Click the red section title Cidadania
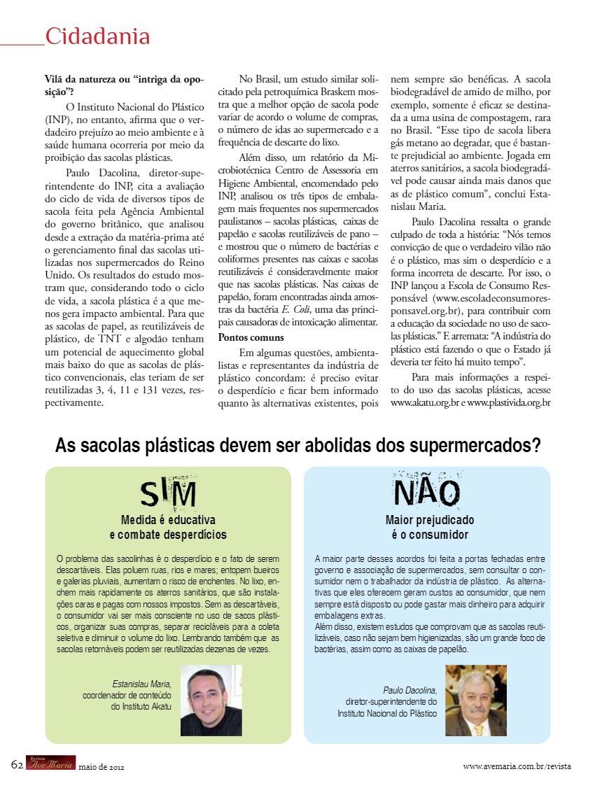97,36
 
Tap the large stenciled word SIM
168,494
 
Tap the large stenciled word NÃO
427,492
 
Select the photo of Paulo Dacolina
475,700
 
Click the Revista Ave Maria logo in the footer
50,763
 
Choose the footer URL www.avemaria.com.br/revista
517,766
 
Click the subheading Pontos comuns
246,337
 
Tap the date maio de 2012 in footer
101,766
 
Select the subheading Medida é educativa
168,520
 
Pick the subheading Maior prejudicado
430,520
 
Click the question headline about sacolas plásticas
297,445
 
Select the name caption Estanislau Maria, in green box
141,684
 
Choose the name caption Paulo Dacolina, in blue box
410,690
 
